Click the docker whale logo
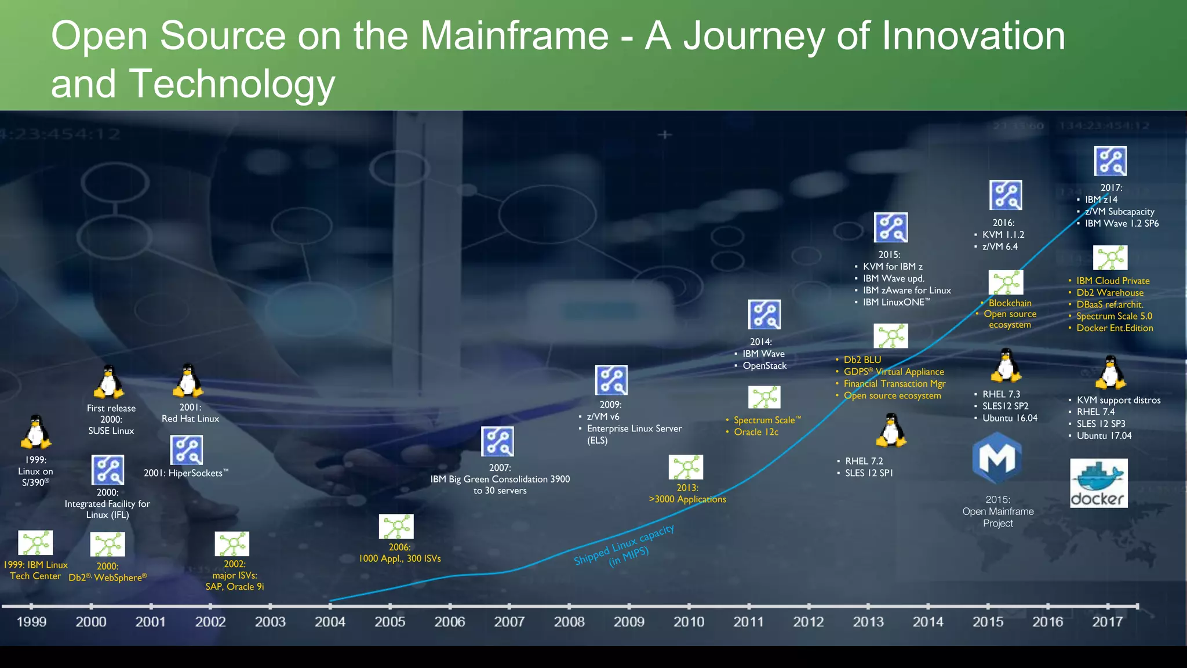1098,482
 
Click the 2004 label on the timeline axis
330,622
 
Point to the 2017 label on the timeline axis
1107,622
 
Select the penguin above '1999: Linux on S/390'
36,432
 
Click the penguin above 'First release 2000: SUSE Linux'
109,382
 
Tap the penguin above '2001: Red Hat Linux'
188,380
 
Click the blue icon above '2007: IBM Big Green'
497,442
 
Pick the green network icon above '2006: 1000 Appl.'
396,527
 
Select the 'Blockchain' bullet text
1010,303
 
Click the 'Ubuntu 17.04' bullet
1104,435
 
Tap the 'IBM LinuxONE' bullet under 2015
895,302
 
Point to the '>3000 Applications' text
687,499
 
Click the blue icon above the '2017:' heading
1110,161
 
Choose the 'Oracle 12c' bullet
756,432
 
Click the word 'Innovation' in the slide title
973,36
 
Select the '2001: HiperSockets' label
185,473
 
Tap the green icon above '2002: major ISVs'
232,544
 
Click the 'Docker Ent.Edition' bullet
1114,328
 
